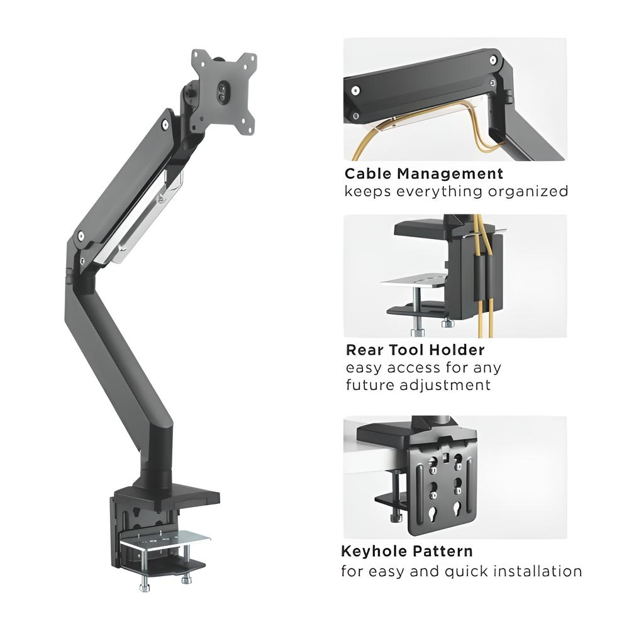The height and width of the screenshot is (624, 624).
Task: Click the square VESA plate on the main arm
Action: [x=224, y=92]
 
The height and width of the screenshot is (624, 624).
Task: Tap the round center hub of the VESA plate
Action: [x=223, y=88]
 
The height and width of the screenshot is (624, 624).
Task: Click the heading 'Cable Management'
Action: [x=424, y=174]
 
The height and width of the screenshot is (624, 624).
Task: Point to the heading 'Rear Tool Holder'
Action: [x=415, y=350]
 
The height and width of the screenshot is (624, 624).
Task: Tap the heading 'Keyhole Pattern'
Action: [x=407, y=552]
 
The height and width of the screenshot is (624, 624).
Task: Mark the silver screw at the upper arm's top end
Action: [x=165, y=125]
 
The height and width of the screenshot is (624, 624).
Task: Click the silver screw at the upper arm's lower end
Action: [x=81, y=237]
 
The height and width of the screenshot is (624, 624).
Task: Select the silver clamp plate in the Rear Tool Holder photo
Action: [x=414, y=282]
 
